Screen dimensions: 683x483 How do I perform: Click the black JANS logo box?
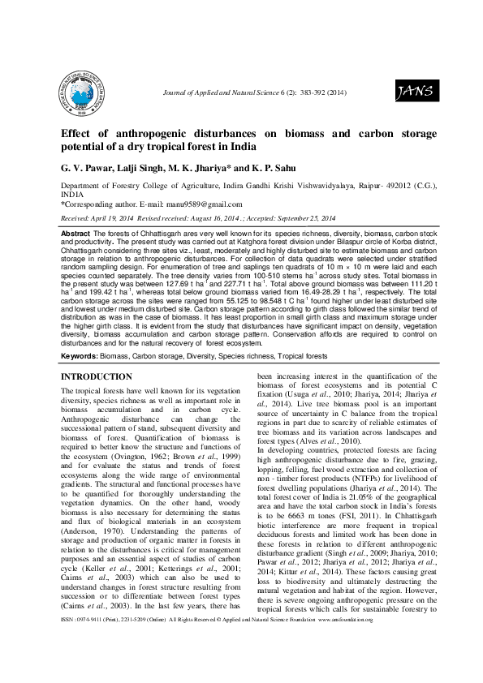pos(414,92)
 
